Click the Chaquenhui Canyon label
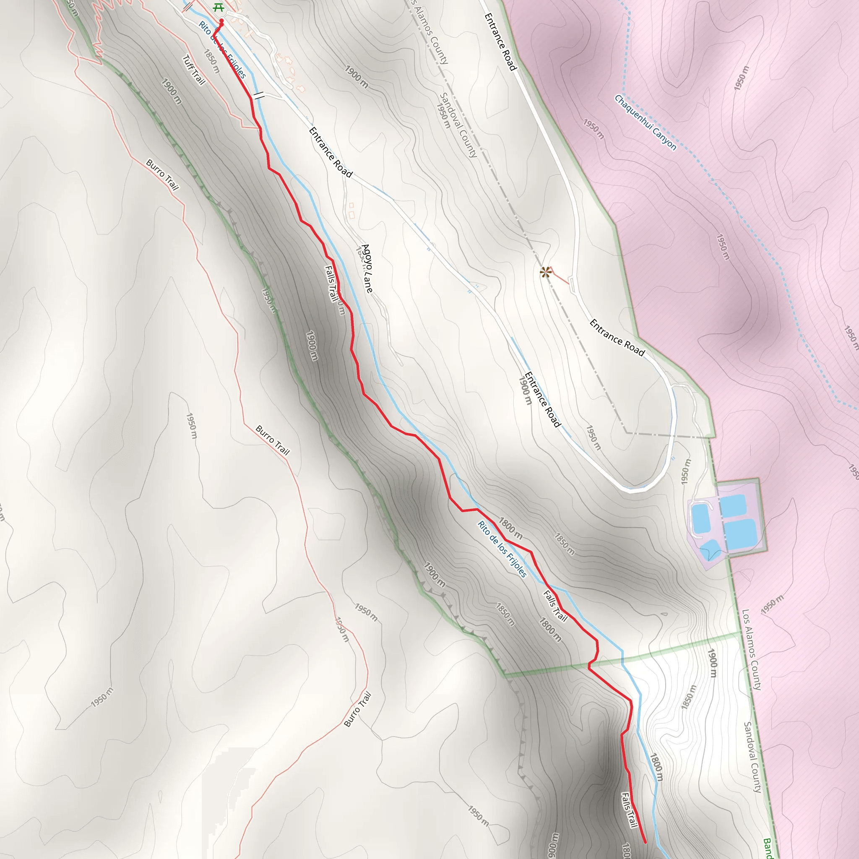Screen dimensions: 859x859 [x=645, y=122]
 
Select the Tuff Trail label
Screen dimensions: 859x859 [x=194, y=70]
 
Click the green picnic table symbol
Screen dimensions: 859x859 [x=217, y=8]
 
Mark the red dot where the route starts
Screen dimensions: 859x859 [x=221, y=21]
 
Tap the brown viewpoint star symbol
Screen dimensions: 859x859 [x=545, y=272]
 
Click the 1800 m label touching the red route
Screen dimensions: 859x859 [x=510, y=526]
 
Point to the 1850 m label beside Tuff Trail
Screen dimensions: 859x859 [x=212, y=61]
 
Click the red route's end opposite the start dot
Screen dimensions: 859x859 [x=645, y=842]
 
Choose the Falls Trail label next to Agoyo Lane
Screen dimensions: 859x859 [x=331, y=283]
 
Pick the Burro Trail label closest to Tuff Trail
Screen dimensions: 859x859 [x=162, y=175]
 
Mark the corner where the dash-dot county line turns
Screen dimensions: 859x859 [x=627, y=432]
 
